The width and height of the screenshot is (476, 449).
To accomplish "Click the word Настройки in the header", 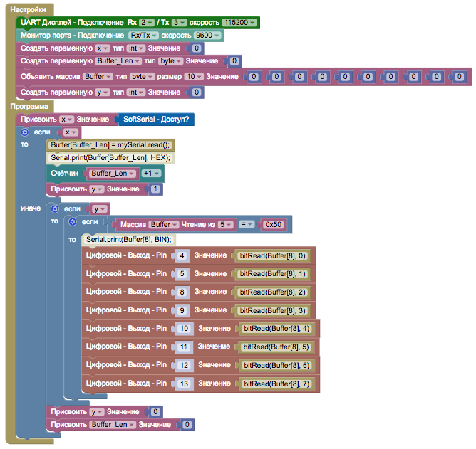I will [x=29, y=10].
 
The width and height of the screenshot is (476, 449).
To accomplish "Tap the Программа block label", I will [x=29, y=106].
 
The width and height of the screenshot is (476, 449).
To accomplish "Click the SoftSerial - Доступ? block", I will [x=155, y=119].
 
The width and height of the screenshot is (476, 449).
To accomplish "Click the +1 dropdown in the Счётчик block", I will [x=150, y=173].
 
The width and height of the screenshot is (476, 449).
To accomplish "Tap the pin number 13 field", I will [x=183, y=384].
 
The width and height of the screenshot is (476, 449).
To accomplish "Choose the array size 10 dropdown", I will [x=194, y=76].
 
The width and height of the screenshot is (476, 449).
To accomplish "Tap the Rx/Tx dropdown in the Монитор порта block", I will [x=143, y=36].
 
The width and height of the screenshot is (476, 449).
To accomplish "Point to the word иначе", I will [x=31, y=208].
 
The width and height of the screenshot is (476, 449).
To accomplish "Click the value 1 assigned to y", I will [x=155, y=189].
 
